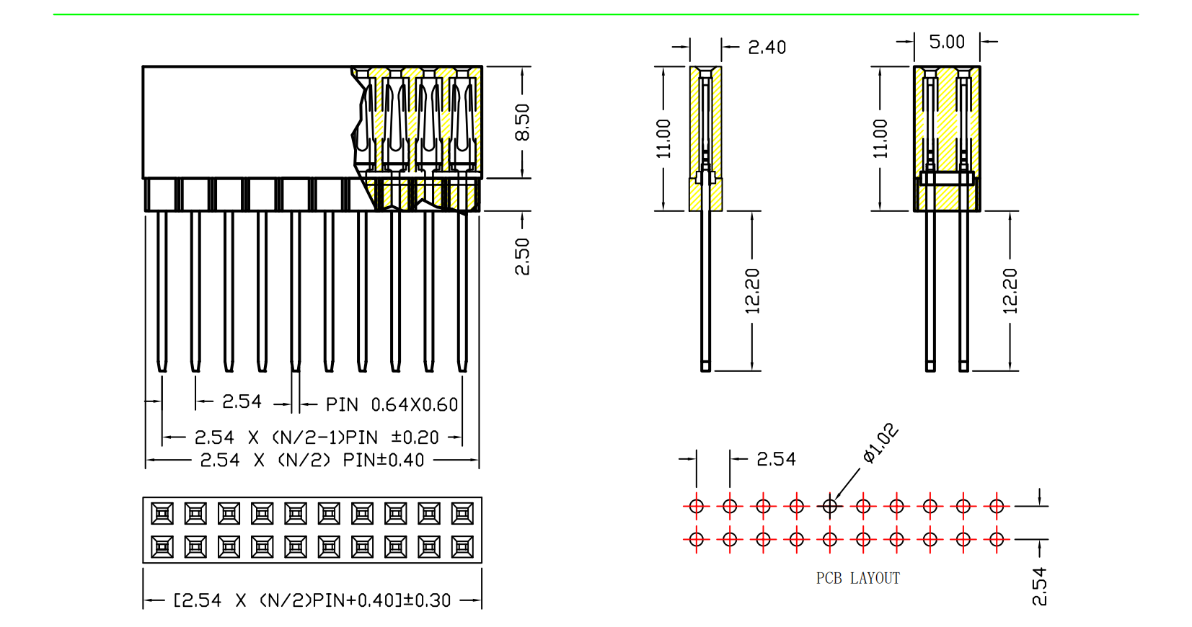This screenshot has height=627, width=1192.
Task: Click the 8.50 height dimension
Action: pyautogui.click(x=522, y=122)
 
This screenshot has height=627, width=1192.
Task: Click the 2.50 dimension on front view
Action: pyautogui.click(x=522, y=257)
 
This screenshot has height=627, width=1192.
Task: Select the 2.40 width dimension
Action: pyautogui.click(x=767, y=48)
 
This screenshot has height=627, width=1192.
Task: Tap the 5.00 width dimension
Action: pyautogui.click(x=946, y=42)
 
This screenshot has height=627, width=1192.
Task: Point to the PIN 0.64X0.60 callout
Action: pyautogui.click(x=392, y=404)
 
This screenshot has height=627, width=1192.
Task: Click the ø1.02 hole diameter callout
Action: pyautogui.click(x=880, y=443)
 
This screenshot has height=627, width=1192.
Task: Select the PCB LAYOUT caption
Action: pyautogui.click(x=857, y=578)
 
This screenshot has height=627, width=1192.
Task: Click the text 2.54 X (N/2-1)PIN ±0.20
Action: pyautogui.click(x=317, y=437)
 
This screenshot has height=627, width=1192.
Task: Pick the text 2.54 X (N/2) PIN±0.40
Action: pyautogui.click(x=312, y=460)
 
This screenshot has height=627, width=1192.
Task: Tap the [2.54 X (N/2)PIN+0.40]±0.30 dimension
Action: pyautogui.click(x=312, y=600)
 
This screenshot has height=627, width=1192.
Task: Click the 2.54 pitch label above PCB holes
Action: pyautogui.click(x=776, y=459)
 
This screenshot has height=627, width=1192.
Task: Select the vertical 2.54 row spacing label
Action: pyautogui.click(x=1038, y=586)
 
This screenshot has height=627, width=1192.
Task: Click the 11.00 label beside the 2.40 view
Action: pyautogui.click(x=663, y=138)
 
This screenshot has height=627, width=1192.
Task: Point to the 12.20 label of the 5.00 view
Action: pyautogui.click(x=1010, y=290)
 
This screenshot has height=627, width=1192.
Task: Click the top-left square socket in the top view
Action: pyautogui.click(x=162, y=513)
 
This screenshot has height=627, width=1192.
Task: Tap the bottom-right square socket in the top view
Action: pyautogui.click(x=462, y=547)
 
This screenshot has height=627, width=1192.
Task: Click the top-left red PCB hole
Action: pyautogui.click(x=696, y=506)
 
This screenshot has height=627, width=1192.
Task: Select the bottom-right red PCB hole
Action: pyautogui.click(x=997, y=538)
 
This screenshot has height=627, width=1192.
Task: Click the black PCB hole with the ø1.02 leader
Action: pyautogui.click(x=830, y=506)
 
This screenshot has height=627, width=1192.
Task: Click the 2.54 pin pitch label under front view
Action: pyautogui.click(x=242, y=401)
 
